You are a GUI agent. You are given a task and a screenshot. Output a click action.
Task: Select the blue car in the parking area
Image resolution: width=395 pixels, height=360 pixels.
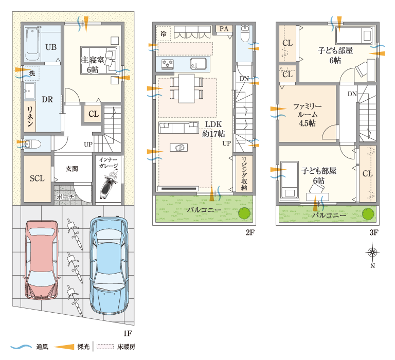pos(109,260)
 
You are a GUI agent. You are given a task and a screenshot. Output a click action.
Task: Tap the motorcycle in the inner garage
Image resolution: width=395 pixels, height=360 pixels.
pos(109,183)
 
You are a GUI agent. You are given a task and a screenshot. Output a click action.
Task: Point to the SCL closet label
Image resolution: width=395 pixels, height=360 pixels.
pos(37,178)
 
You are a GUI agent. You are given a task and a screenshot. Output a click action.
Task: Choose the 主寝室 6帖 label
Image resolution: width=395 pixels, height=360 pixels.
pos(93,64)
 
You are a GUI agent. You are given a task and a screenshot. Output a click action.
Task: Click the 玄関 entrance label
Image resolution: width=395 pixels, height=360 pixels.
pos(71,169)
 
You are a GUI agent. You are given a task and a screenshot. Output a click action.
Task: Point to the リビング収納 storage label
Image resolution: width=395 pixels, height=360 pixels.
pos(244,173)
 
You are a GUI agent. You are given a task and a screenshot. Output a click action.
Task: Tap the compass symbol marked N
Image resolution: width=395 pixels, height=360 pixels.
pos(372,253)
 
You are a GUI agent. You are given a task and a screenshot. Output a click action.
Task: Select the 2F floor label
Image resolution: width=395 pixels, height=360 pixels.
pos(250,232)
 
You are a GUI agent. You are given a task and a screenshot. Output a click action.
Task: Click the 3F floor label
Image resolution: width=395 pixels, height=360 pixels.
pos(373,232)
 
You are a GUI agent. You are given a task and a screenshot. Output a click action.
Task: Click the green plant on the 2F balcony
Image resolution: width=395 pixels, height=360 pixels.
pos(244,212)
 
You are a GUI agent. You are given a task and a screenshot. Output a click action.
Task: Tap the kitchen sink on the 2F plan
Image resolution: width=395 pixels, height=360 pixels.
pos(199,64)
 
